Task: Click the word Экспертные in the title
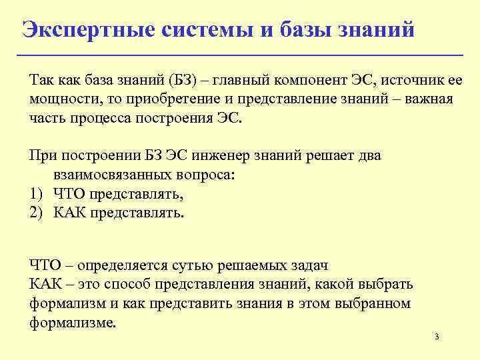pos(91,29)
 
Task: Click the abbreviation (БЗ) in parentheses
pos(186,81)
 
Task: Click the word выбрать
pos(387,285)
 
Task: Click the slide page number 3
pos(437,337)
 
